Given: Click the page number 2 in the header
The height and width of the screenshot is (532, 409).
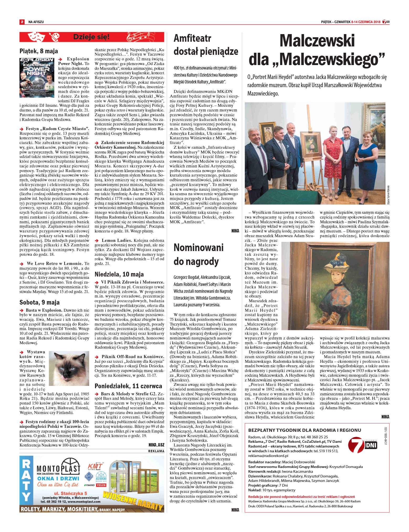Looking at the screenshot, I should [x=22, y=22].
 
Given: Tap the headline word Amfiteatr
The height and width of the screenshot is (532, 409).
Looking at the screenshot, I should [x=192, y=39].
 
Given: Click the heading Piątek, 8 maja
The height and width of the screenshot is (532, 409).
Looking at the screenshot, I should [x=39, y=51].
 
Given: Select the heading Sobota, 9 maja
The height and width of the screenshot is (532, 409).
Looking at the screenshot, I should [x=39, y=302].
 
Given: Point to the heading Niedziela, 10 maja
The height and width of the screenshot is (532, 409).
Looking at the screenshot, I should [x=119, y=274].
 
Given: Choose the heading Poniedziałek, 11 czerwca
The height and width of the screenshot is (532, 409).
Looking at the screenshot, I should [x=128, y=386].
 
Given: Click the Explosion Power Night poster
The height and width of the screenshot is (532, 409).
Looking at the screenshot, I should [x=37, y=78].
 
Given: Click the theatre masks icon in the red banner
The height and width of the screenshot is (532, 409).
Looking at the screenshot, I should [x=35, y=37].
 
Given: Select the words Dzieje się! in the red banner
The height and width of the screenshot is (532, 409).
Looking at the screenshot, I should [x=91, y=37].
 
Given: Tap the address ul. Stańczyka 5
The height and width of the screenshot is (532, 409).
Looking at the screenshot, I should [x=70, y=493].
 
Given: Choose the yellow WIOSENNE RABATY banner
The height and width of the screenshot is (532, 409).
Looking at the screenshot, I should [x=133, y=502].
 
